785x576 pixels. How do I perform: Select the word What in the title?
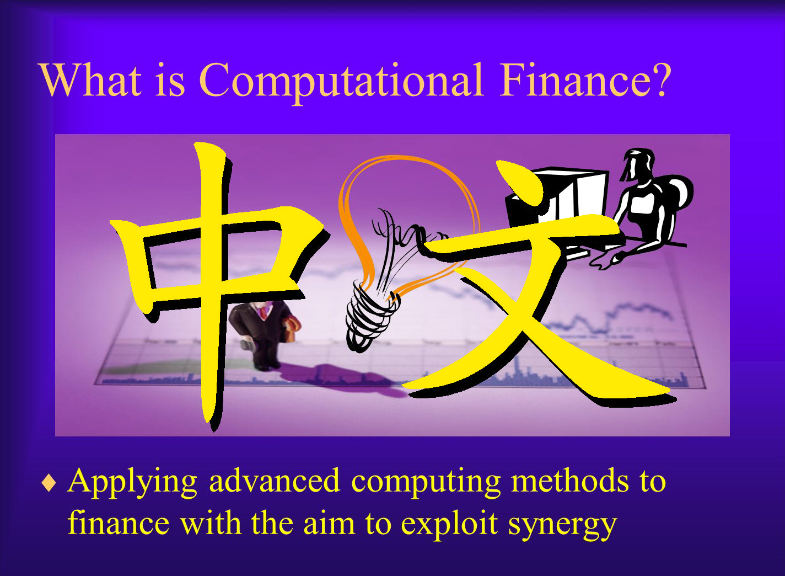click(x=91, y=80)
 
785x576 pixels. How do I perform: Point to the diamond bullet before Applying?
click(x=49, y=483)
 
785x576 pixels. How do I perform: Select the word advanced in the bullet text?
click(x=275, y=480)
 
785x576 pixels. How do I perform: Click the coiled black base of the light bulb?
click(x=372, y=316)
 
